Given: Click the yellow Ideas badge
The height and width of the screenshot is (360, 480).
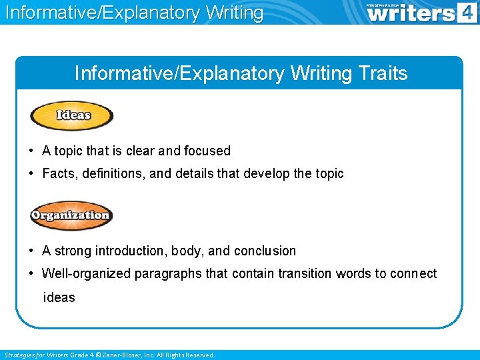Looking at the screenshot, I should (72, 116).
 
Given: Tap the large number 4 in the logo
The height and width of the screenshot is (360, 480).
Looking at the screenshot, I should (467, 13).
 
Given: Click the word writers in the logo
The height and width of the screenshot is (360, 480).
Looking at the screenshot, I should (411, 14).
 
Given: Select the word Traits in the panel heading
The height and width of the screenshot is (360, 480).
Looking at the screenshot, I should (384, 73).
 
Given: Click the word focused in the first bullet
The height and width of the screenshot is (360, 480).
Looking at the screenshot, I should (207, 151).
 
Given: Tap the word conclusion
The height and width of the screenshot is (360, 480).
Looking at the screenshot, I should (265, 251).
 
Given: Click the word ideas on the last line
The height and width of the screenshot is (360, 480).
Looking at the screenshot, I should (59, 297).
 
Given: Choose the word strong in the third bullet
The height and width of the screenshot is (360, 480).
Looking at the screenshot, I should (72, 251).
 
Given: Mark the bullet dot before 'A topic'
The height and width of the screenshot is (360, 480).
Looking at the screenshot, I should (32, 151).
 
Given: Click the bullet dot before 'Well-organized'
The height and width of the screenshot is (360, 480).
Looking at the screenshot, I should (32, 274).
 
